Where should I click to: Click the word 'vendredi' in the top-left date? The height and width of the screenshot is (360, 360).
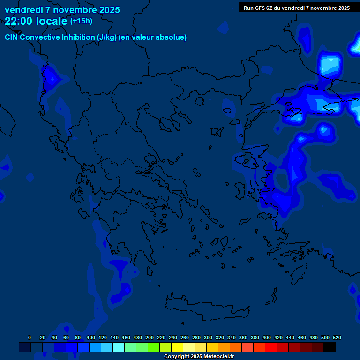pos(22,10)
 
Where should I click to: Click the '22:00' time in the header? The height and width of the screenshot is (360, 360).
pos(18,21)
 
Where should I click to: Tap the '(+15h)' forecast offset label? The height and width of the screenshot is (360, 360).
pos(81,21)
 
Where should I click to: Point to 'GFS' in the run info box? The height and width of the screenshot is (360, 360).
pos(259,8)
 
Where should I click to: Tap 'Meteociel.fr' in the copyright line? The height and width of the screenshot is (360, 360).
pos(216,357)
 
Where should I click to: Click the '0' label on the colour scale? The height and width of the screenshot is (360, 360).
pos(30,338)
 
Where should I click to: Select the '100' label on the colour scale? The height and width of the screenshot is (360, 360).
pos(91,338)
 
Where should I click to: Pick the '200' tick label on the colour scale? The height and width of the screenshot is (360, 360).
pos(150,338)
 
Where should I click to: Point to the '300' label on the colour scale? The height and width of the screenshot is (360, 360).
pos(208,338)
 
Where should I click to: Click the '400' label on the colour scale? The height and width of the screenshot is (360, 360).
pos(267,338)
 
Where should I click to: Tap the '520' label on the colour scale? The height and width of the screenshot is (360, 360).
pos(337,338)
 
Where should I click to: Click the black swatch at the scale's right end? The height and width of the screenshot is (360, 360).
pos(330,347)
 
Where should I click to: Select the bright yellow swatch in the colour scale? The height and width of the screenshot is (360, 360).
pos(177,347)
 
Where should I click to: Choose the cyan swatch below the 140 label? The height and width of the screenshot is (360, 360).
pos(118,347)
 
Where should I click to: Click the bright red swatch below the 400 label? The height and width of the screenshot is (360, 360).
pos(270,347)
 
